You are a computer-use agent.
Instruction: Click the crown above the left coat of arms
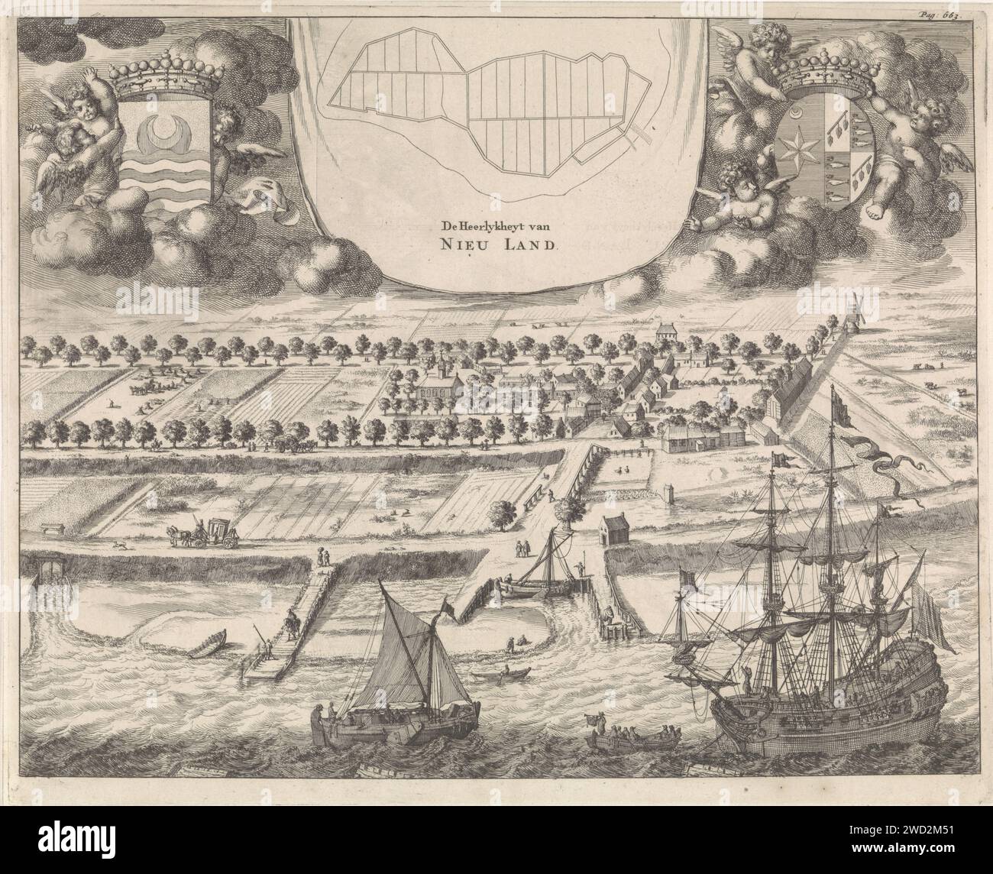(161, 75)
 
